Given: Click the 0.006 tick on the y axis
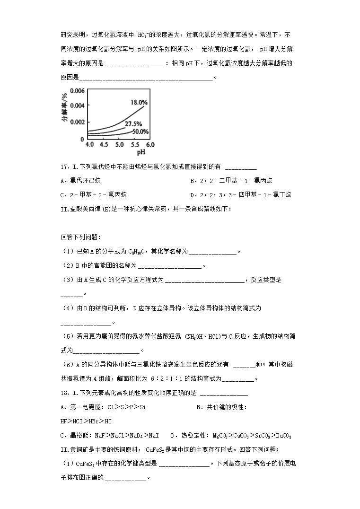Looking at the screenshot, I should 77,90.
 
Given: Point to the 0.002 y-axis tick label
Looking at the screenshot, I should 77,122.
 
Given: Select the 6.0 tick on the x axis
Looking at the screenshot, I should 150,145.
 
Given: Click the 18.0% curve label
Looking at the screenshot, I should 139,102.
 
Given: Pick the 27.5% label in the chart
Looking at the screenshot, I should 133,123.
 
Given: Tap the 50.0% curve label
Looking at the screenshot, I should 140,132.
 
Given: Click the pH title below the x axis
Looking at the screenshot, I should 141,153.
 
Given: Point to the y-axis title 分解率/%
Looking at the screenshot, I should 64,107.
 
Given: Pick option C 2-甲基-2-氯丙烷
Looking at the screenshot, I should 94,195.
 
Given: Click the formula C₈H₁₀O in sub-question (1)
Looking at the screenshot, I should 139,252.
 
